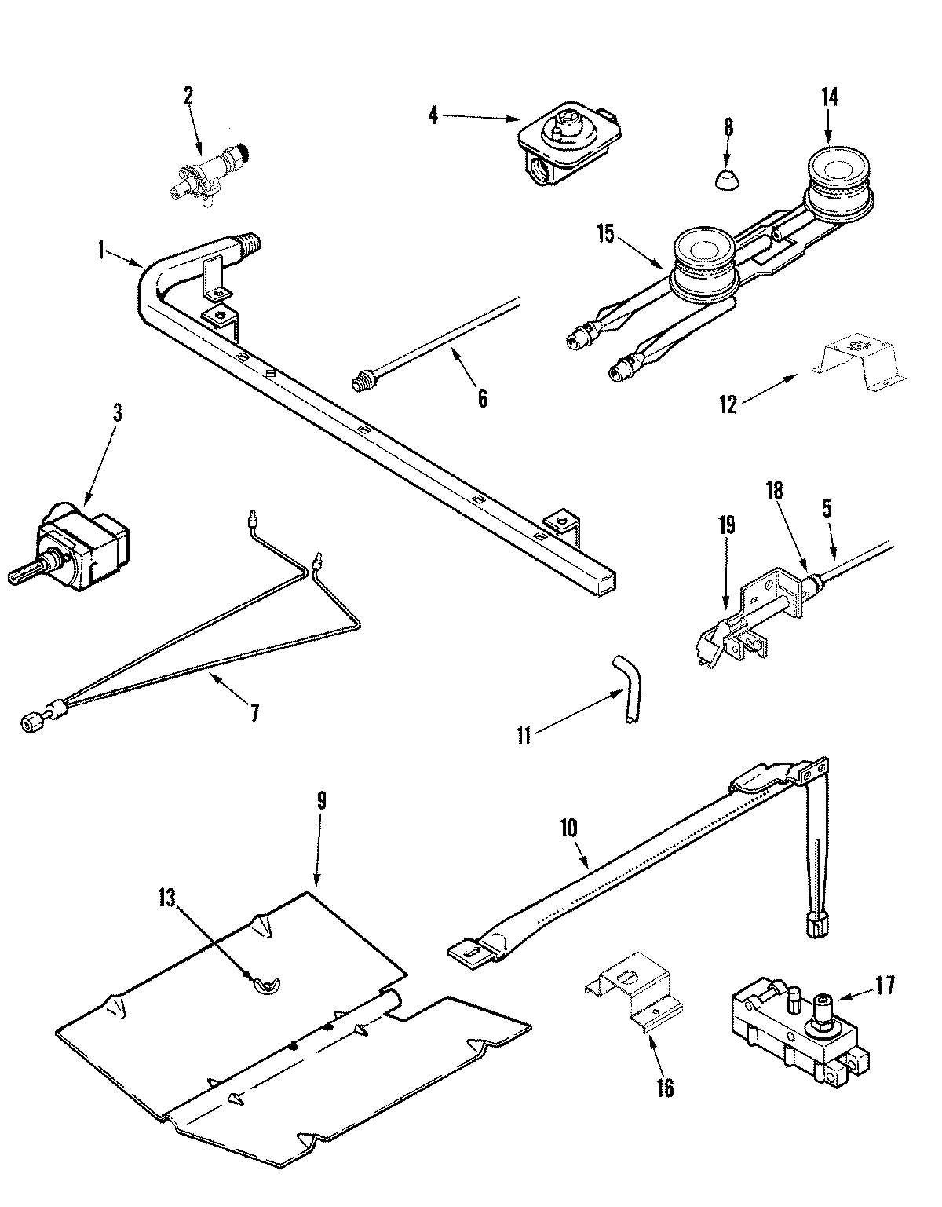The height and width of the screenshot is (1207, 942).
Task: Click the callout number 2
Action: click(188, 95)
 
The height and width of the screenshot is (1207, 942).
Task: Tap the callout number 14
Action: click(830, 97)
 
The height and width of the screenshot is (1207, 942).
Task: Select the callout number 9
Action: click(321, 801)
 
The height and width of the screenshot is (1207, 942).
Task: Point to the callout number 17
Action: click(884, 986)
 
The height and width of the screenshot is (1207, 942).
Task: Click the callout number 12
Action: click(728, 404)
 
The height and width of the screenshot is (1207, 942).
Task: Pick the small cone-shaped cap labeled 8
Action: click(728, 179)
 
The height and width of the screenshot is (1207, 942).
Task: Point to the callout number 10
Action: click(568, 827)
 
